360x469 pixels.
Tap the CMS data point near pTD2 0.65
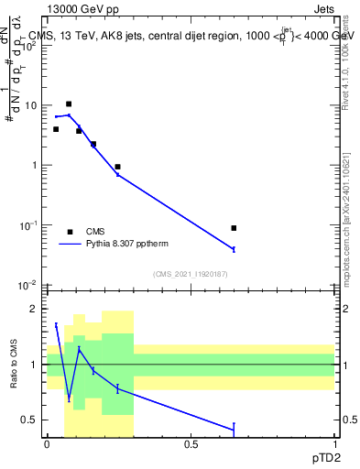[235, 228]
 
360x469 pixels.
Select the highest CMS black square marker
[69, 104]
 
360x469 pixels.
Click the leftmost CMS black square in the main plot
[56, 129]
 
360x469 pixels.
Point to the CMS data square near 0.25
[118, 167]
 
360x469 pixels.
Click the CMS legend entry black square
[70, 232]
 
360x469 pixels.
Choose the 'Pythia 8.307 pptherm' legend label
[126, 244]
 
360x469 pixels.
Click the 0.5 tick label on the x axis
[191, 444]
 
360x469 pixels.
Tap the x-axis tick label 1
[334, 444]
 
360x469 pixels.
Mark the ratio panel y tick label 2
[35, 309]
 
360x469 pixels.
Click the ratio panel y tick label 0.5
[30, 420]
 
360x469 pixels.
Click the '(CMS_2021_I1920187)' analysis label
[191, 273]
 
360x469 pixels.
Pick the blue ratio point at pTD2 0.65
[235, 428]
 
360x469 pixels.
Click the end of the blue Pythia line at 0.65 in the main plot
[235, 249]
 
